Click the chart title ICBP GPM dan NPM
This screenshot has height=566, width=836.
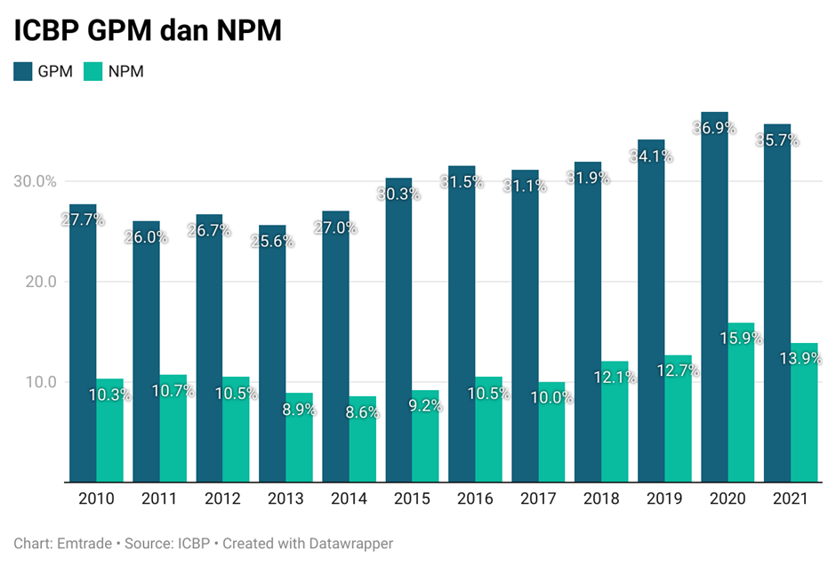[x=147, y=31]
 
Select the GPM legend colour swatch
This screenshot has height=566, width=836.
[x=23, y=72]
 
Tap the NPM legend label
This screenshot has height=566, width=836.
[x=125, y=72]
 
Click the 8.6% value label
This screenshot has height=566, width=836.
[x=362, y=412]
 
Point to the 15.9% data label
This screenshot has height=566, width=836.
[x=741, y=339]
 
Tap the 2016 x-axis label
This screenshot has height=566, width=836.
[x=474, y=499]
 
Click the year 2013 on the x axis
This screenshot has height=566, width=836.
[x=285, y=499]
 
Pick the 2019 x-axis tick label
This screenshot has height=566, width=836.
[x=663, y=499]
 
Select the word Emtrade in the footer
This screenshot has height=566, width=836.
[x=81, y=543]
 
